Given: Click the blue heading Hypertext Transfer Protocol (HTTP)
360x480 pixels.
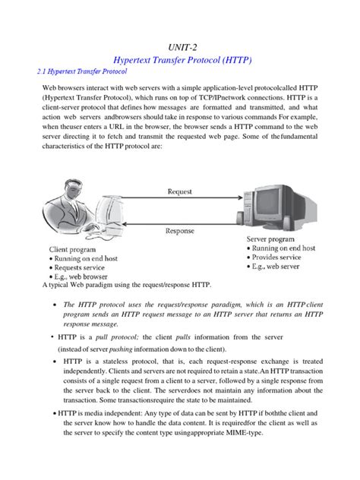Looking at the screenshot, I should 180,59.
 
